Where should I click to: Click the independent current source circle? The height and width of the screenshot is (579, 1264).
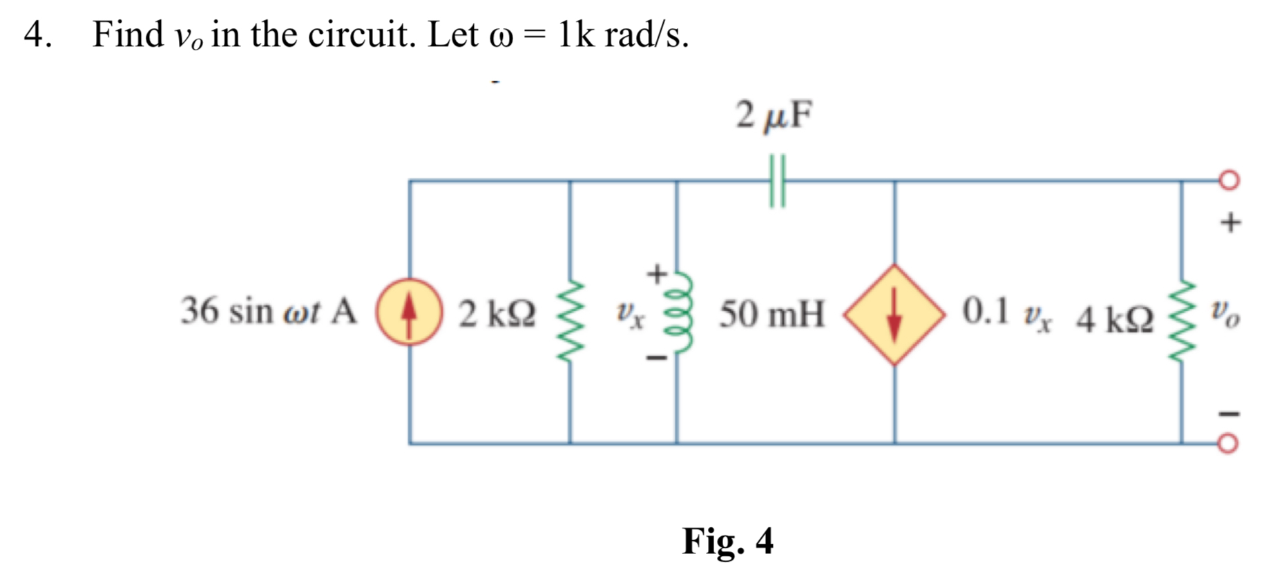coord(409,312)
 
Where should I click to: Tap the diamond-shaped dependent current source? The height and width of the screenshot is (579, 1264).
coord(894,314)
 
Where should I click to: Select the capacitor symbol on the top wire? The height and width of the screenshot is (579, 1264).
coord(777,181)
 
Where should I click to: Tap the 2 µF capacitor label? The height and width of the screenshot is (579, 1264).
coord(774,115)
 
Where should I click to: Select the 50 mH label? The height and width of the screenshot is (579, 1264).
coord(772,314)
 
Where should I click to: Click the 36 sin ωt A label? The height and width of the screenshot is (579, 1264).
coord(268,311)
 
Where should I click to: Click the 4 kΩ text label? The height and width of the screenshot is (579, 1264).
coord(1114,319)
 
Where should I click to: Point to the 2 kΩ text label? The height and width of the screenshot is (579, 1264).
coord(497,314)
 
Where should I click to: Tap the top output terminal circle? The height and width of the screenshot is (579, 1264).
coord(1229,180)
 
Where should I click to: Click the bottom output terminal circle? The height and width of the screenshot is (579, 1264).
coord(1227,444)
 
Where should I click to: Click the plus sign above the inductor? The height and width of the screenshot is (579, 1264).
coord(657,273)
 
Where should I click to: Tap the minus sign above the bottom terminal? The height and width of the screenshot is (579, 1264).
coord(1229,415)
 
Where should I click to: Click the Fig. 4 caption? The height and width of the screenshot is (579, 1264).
coord(727,540)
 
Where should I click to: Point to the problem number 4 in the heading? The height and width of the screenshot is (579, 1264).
coord(35,35)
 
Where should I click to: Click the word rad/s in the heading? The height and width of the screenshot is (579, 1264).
coord(645,35)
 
